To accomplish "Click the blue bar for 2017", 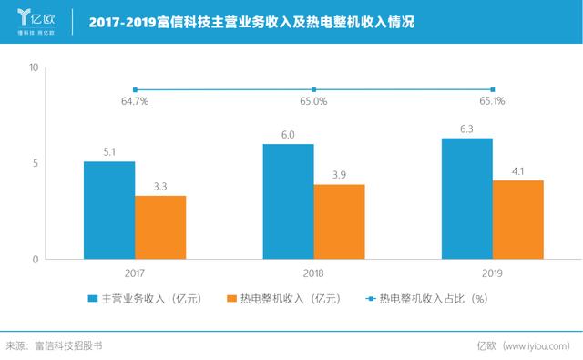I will pyautogui.click(x=108, y=211).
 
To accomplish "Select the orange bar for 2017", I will pyautogui.click(x=160, y=228).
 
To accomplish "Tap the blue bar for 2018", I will pyautogui.click(x=288, y=201).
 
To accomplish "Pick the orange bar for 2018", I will pyautogui.click(x=339, y=221).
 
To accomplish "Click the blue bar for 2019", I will pyautogui.click(x=466, y=199).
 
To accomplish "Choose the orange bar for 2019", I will pyautogui.click(x=517, y=220).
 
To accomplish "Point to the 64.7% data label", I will pyautogui.click(x=135, y=101).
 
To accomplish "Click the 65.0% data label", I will pyautogui.click(x=313, y=101).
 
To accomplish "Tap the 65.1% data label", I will pyautogui.click(x=492, y=101).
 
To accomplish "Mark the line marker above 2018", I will pyautogui.click(x=313, y=89).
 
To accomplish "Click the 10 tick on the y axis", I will pyautogui.click(x=34, y=68).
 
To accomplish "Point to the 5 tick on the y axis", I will pyautogui.click(x=36, y=164).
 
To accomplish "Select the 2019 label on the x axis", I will pyautogui.click(x=492, y=273).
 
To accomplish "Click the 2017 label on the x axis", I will pyautogui.click(x=135, y=273).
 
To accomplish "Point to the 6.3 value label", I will pyautogui.click(x=466, y=129).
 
